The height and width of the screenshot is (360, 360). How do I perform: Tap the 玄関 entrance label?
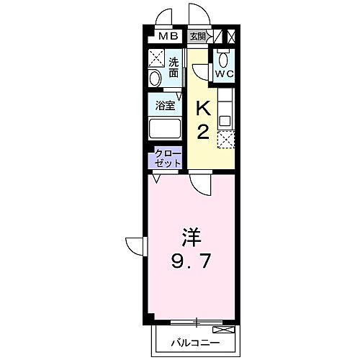pos(197,36)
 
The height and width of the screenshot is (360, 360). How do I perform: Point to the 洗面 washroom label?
pos(174,67)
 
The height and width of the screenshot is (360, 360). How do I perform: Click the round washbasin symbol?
pos(156,78)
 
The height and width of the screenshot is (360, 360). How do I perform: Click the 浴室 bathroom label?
pos(166,106)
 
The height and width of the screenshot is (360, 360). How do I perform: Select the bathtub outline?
pos(166,130)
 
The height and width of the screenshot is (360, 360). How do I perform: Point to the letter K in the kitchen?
pos(204,108)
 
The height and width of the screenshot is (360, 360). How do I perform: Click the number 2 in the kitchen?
pos(204,131)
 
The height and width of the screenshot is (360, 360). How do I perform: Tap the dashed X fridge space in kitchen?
pos(225,138)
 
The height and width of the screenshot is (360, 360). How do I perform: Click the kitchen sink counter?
pos(225,108)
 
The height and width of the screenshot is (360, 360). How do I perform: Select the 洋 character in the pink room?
pos(189,235)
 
